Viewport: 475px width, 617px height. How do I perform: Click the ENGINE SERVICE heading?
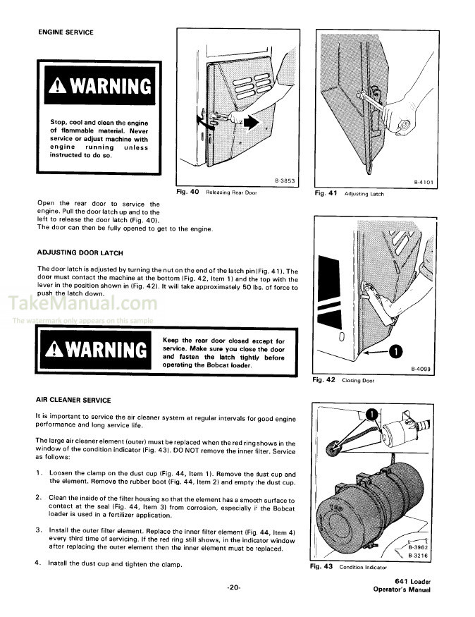point(65,32)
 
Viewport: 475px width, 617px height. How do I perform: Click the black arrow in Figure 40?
point(251,124)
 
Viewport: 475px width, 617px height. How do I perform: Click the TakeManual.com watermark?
point(82,304)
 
